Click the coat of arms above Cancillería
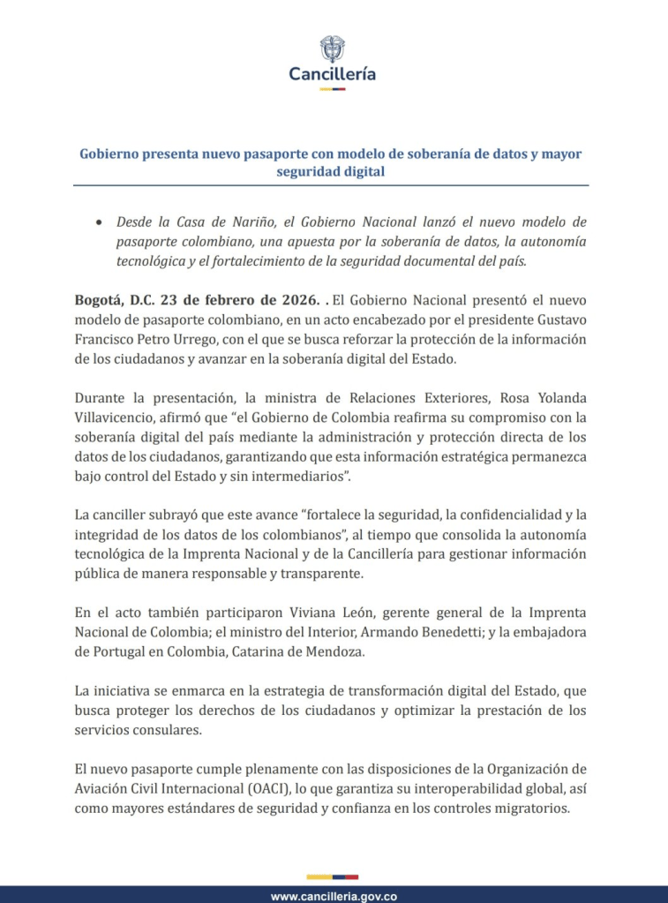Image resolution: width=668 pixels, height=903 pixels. pos(333,49)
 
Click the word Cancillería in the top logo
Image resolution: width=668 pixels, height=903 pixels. pos(333,74)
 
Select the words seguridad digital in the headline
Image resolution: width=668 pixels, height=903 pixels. pos(331,171)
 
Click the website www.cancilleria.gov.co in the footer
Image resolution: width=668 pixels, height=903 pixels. pos(334,896)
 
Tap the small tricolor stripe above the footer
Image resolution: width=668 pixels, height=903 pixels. pos(333,877)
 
